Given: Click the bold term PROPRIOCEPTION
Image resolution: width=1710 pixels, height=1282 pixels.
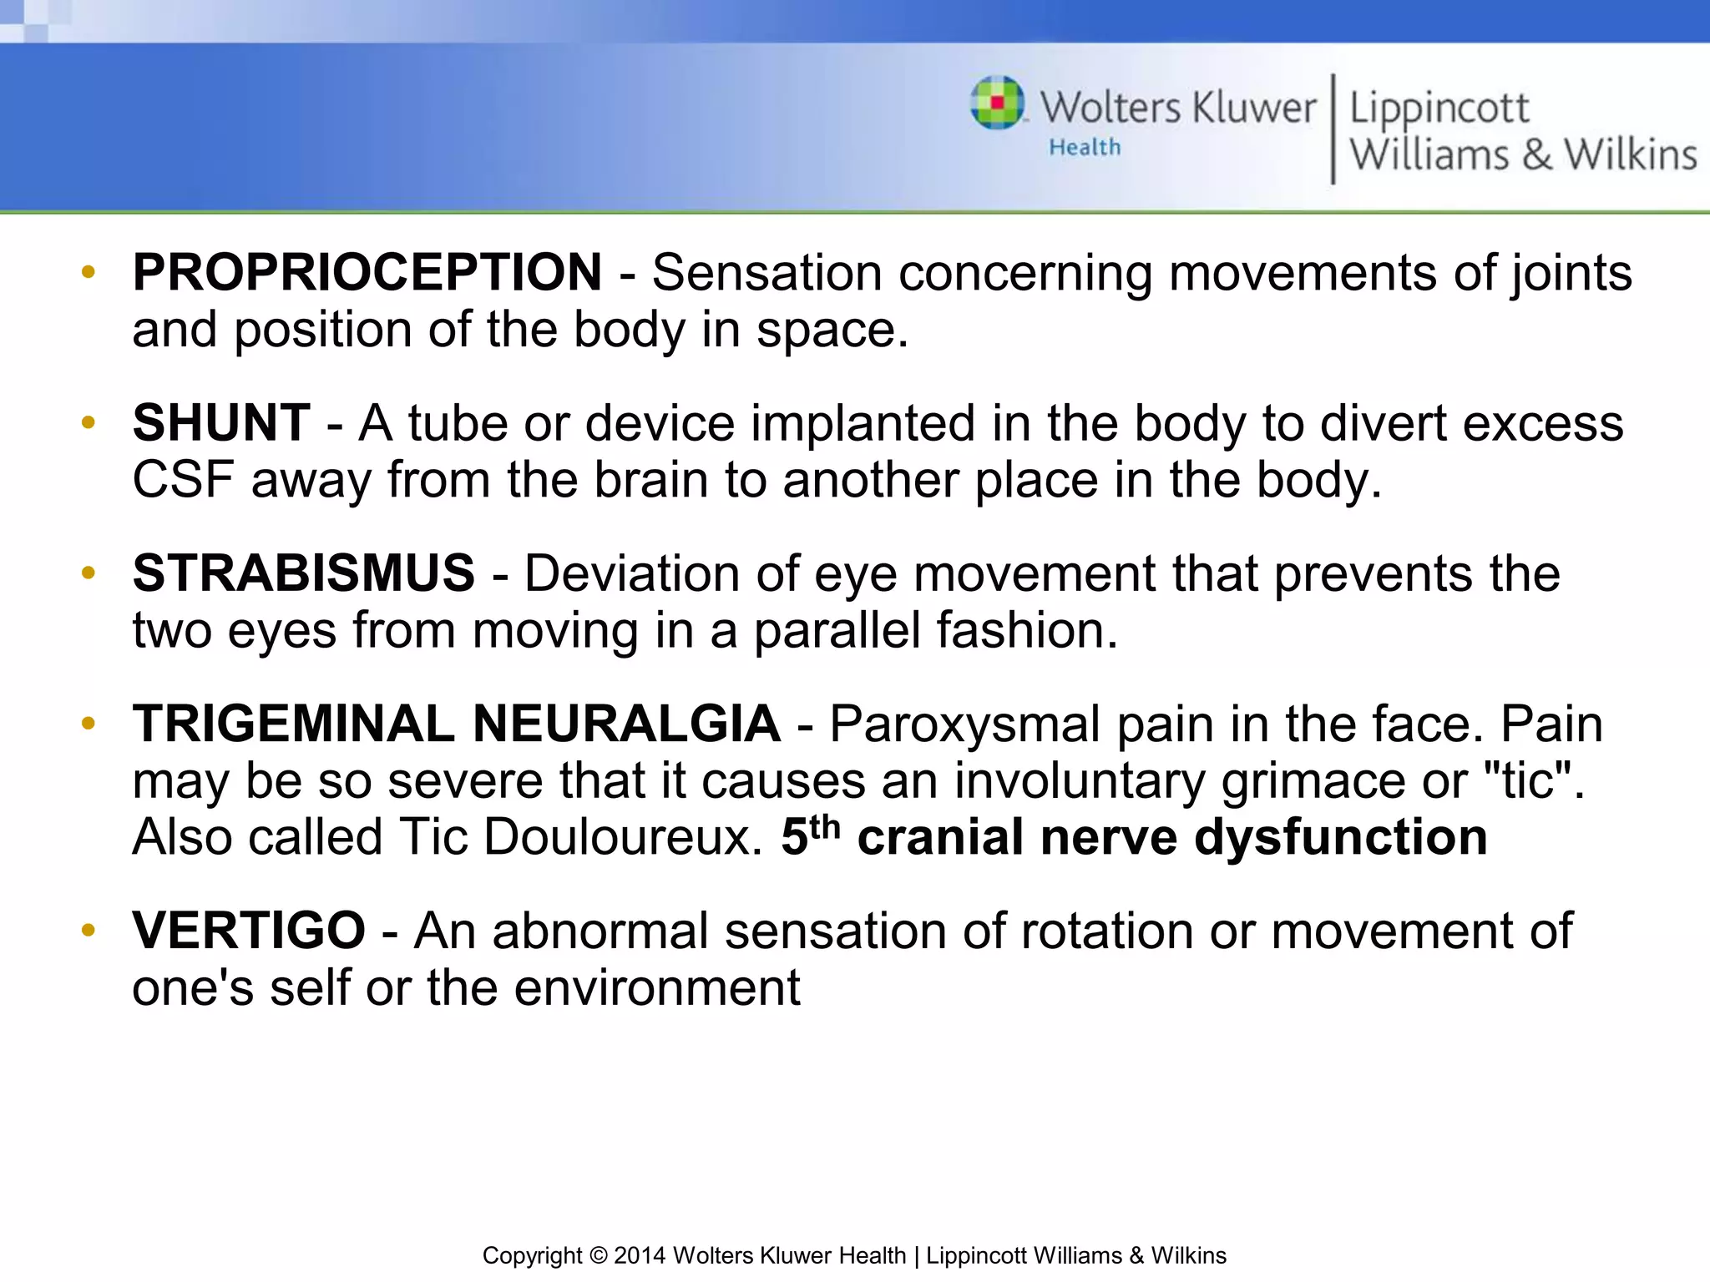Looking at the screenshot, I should (x=367, y=273).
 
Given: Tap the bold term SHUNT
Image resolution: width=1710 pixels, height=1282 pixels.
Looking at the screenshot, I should (x=221, y=423).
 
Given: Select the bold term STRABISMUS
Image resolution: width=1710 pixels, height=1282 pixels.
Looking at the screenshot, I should (x=303, y=573).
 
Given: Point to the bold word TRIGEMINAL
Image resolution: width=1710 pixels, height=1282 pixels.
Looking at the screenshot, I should (x=293, y=724).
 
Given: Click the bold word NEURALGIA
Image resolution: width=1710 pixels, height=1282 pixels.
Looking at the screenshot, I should (x=626, y=724).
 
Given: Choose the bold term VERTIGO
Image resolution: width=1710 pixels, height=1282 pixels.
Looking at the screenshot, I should (x=249, y=931).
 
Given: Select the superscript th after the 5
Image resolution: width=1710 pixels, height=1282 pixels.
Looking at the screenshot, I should (x=825, y=827).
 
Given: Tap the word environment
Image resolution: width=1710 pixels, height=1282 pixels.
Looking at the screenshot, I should (x=655, y=988).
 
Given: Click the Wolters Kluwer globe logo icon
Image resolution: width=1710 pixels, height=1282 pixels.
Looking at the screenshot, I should (x=997, y=103).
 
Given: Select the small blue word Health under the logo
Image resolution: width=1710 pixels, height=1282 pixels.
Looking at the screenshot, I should (x=1085, y=148).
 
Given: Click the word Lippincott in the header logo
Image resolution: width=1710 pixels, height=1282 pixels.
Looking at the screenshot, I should (x=1439, y=109).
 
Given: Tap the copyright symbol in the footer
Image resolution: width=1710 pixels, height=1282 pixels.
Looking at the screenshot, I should (x=598, y=1255).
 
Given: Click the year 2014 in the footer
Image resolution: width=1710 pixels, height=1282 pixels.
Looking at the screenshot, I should (x=640, y=1255).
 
